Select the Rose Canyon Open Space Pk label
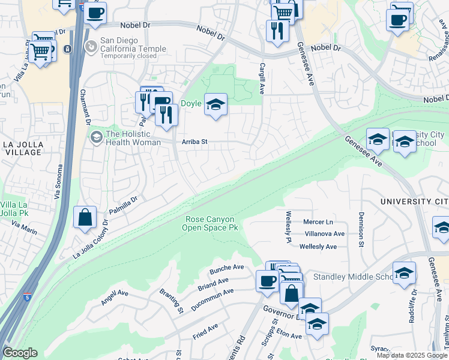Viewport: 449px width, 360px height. click(x=211, y=224)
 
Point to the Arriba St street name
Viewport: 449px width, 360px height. click(x=194, y=142)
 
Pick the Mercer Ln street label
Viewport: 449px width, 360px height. click(x=318, y=221)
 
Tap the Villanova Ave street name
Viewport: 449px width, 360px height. click(x=325, y=234)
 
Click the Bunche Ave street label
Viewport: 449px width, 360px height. click(x=227, y=268)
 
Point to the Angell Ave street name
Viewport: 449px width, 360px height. click(x=115, y=297)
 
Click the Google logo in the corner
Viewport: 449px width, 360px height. click(x=20, y=353)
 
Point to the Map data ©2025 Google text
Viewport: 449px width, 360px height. click(x=412, y=355)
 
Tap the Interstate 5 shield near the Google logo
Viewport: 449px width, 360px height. click(x=26, y=297)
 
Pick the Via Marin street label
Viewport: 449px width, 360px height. click(x=24, y=227)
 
